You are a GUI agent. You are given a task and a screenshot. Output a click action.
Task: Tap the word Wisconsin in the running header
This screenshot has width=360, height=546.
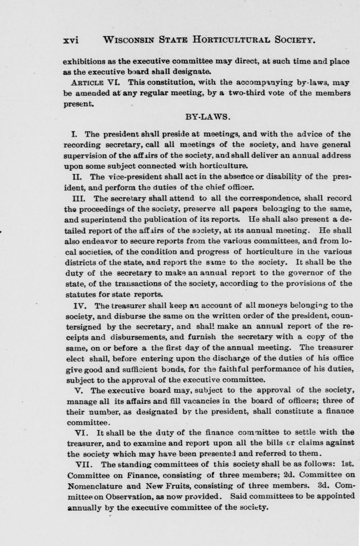click(128, 40)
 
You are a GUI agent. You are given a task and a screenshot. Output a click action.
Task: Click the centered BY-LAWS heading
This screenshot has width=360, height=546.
click(208, 117)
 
